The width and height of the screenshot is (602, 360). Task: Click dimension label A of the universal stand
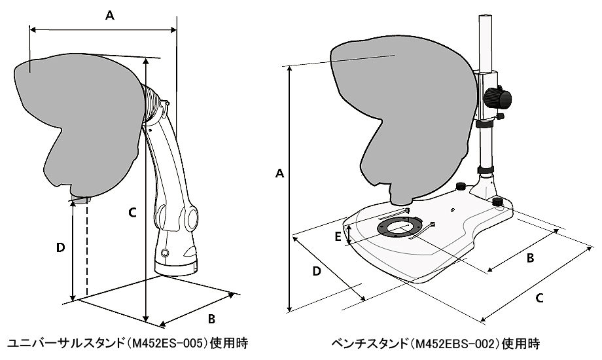pos(110,17)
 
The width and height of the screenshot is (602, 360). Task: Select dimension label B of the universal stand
pos(211,319)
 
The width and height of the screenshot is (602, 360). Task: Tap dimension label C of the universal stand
pos(132,212)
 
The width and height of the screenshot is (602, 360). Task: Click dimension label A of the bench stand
pos(279,173)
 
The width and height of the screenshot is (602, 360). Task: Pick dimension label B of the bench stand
pos(531,258)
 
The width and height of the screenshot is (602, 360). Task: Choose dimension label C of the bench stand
pos(539,298)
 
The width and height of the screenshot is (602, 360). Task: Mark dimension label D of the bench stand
pos(316,270)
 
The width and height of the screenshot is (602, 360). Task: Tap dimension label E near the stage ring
pos(338,236)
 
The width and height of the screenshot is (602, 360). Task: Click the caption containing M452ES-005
pos(128,343)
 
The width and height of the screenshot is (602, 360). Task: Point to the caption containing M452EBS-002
pos(435,343)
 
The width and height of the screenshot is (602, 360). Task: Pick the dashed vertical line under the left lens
pos(86,249)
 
